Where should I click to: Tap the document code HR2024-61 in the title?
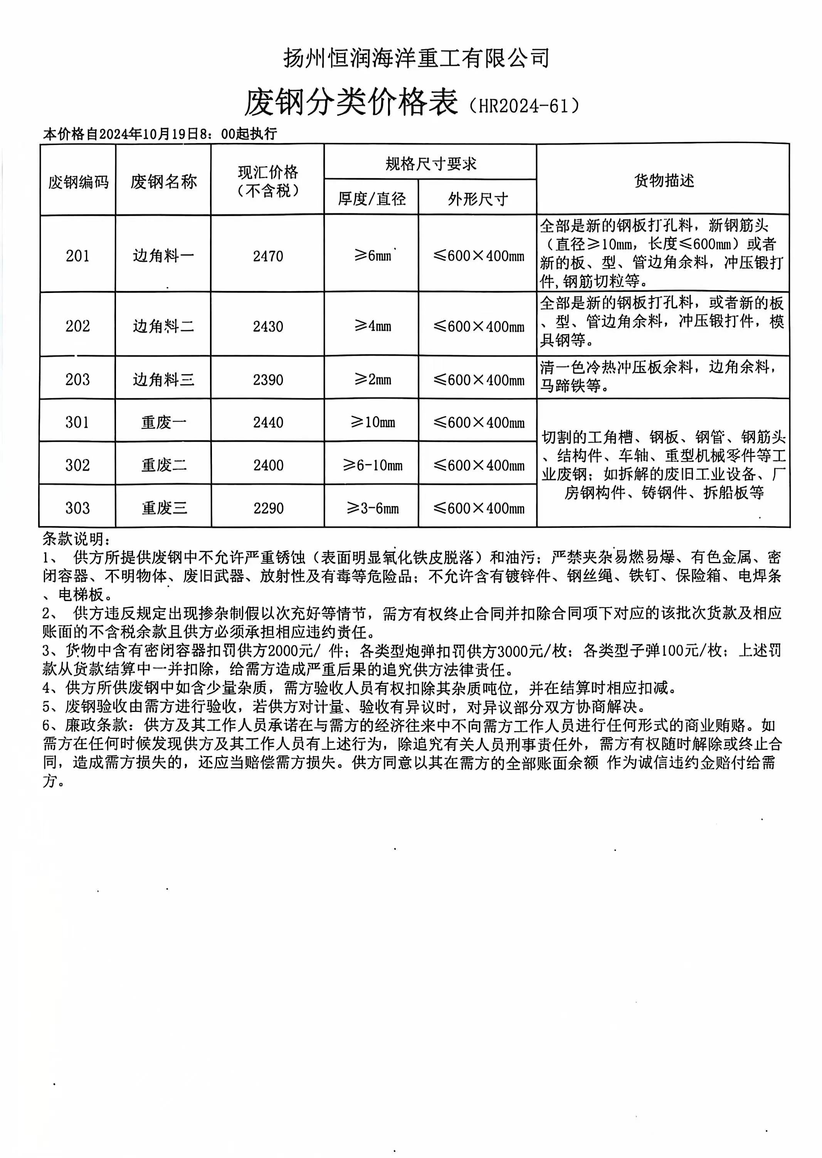[x=524, y=105]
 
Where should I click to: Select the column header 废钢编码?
[x=78, y=181]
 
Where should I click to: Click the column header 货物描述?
[x=664, y=180]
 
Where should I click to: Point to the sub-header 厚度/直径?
[x=371, y=199]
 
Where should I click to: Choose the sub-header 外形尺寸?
[x=477, y=199]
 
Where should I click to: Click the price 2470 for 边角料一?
[x=268, y=256]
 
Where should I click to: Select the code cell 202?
[x=77, y=326]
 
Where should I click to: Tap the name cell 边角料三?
[x=163, y=379]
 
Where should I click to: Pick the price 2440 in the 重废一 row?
[x=268, y=422]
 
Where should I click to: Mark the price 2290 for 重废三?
[x=268, y=508]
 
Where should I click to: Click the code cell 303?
[x=77, y=508]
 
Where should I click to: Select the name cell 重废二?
[x=163, y=465]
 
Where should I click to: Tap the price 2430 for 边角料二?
[x=268, y=326]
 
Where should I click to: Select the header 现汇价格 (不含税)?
[x=268, y=181]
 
